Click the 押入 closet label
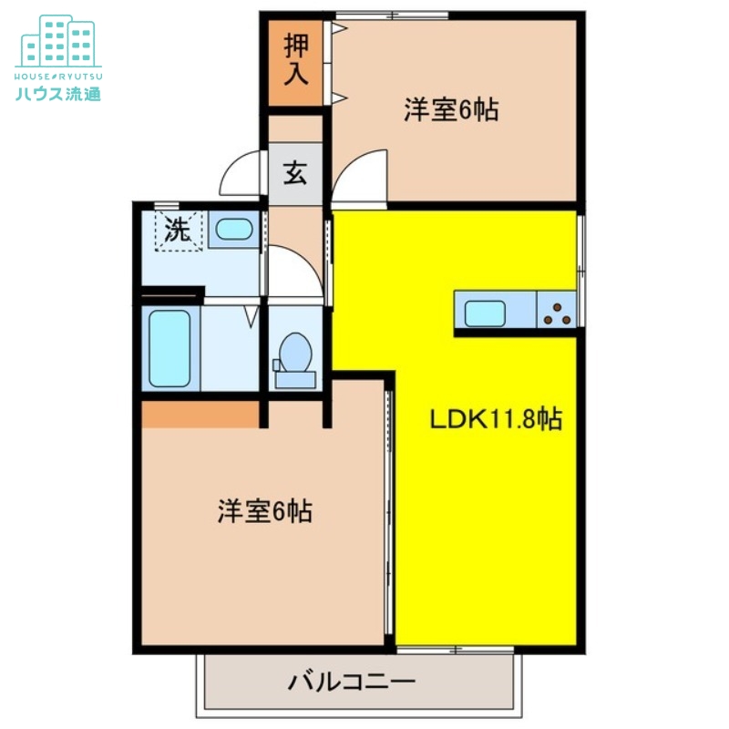pyautogui.click(x=295, y=59)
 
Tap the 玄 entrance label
pyautogui.click(x=295, y=172)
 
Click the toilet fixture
pyautogui.click(x=294, y=355)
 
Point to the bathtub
pyautogui.click(x=169, y=349)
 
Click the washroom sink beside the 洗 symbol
pyautogui.click(x=234, y=228)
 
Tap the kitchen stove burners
pyautogui.click(x=556, y=313)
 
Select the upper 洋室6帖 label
pyautogui.click(x=451, y=110)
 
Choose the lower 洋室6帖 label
pyautogui.click(x=264, y=511)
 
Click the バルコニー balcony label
pyautogui.click(x=353, y=681)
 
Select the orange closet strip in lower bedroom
pyautogui.click(x=201, y=414)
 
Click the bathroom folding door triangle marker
pyautogui.click(x=252, y=316)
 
